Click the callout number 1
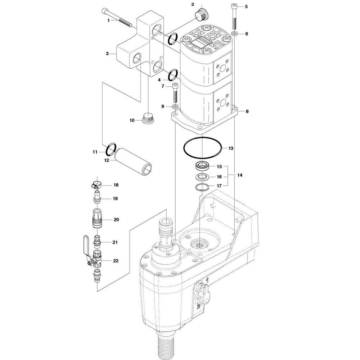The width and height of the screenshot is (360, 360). click(x=108, y=21)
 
